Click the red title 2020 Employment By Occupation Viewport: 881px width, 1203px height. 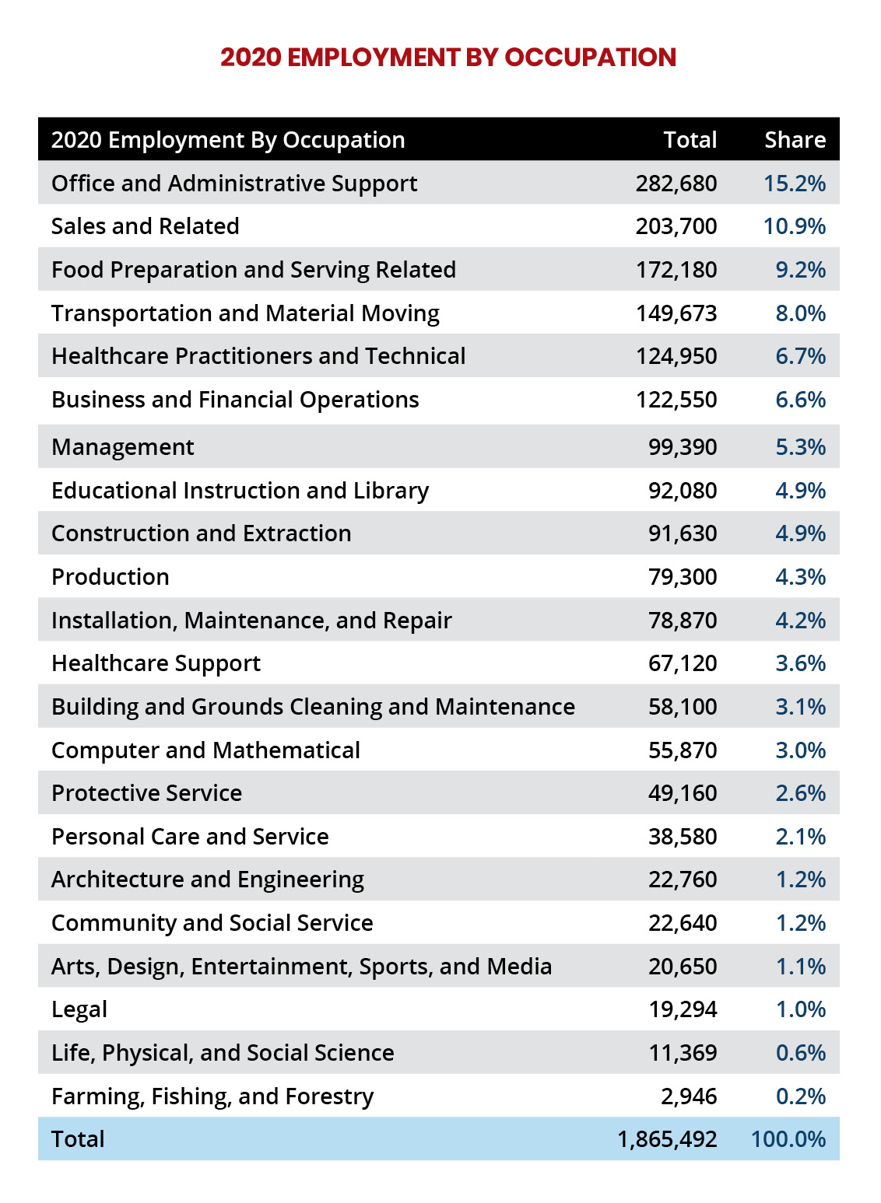[448, 58]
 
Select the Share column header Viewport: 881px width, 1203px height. [795, 140]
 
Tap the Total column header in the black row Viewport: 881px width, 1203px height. [690, 140]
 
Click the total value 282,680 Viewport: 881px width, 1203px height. [676, 184]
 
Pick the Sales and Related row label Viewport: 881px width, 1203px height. [146, 226]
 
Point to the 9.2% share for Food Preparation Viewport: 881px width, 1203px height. [800, 270]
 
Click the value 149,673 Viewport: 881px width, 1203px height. [676, 313]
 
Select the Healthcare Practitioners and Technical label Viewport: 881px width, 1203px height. [258, 356]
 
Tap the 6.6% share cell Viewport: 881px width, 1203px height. [800, 400]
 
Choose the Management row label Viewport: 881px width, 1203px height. [123, 447]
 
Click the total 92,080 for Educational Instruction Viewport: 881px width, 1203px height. [682, 491]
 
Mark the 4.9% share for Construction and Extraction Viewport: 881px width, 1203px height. [800, 533]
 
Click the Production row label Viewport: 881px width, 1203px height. [111, 577]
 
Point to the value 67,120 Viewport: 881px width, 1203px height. [682, 663]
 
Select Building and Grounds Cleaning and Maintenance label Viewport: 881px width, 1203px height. [313, 707]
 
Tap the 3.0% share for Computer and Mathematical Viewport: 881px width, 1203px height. [800, 750]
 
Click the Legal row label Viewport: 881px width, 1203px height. [79, 1009]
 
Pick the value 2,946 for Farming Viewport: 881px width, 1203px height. [688, 1096]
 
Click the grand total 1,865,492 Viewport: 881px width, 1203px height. [667, 1139]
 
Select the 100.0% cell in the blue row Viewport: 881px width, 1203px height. [788, 1139]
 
